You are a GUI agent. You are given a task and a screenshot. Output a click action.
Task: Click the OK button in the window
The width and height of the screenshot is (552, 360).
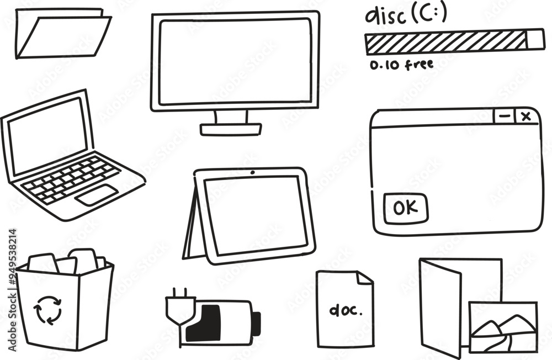coord(406,208)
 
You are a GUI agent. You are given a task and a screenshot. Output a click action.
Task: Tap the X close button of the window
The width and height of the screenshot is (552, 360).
coord(526,117)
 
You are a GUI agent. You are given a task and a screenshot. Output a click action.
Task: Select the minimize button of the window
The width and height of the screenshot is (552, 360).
coord(505,117)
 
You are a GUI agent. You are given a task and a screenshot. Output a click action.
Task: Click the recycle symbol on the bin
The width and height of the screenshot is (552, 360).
coord(47,310)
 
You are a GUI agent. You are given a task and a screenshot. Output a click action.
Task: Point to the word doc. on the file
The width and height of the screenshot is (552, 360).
coord(346,310)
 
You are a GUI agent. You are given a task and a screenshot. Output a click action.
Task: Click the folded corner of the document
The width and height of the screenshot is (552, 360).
coord(365,278)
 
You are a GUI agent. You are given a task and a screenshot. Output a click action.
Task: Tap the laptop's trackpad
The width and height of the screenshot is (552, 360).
coord(96,195)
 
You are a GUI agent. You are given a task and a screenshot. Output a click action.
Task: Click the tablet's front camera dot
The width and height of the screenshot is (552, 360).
coord(252,172)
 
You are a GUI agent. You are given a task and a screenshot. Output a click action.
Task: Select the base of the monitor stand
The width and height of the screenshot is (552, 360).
coord(231,129)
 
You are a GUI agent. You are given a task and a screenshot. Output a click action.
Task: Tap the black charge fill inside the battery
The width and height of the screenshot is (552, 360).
coord(205,324)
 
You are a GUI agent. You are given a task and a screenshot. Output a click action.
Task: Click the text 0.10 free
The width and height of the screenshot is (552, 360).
coord(401,65)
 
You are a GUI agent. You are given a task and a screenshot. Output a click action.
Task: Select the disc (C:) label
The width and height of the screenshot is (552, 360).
coord(406,15)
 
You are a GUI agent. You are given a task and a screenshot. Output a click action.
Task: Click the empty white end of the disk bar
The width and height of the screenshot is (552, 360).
coord(535,39)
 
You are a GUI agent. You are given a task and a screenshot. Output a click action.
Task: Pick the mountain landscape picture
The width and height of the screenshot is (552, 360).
coord(504,327)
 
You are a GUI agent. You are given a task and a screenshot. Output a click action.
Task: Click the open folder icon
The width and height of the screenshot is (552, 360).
coord(63,34)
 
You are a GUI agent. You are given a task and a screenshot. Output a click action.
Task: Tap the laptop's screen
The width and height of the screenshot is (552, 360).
coord(47,136)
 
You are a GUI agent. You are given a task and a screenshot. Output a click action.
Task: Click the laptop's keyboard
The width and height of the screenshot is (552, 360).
coord(71,179)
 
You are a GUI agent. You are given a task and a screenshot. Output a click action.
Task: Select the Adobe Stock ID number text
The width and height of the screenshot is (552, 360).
coord(12,290)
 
